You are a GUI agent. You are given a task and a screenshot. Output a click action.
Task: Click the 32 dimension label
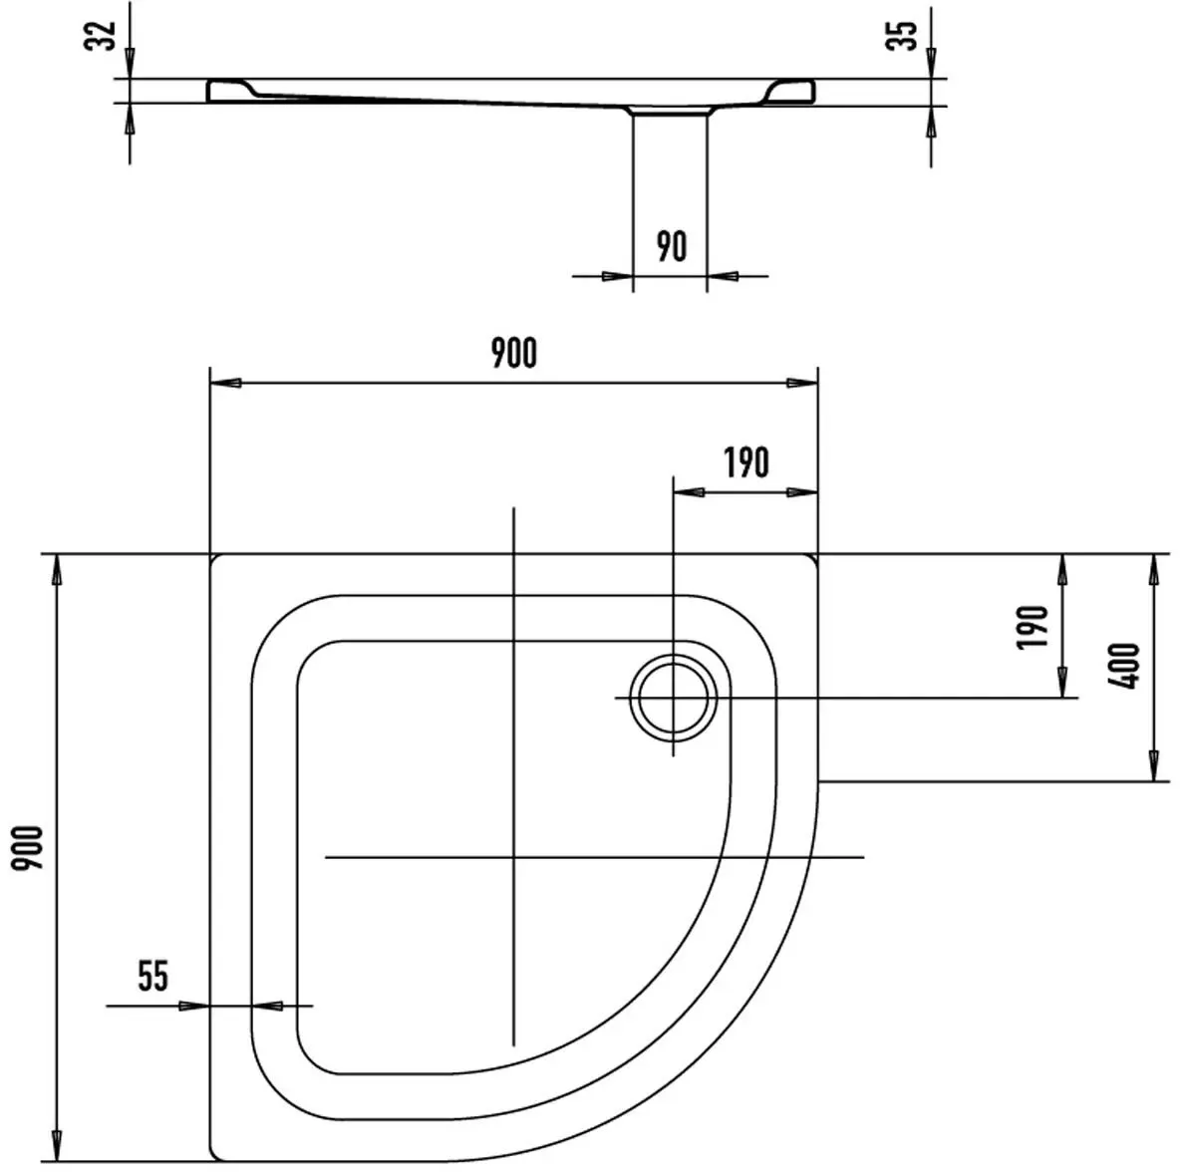tap(101, 35)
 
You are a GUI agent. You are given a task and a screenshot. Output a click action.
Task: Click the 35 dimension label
tap(902, 35)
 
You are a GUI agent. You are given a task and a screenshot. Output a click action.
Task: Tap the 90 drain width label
tap(672, 246)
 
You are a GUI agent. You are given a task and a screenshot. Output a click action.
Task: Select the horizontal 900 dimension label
tap(514, 353)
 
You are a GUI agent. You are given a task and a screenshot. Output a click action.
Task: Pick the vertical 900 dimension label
tap(28, 847)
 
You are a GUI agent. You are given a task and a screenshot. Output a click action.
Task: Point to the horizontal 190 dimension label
tap(746, 463)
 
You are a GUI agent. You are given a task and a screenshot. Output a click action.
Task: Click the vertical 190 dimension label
tap(1032, 627)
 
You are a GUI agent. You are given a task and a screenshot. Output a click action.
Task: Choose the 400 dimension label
tap(1124, 666)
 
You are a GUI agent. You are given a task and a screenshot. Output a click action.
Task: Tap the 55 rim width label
tap(152, 976)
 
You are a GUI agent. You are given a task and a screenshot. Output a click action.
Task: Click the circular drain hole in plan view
tap(674, 698)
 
